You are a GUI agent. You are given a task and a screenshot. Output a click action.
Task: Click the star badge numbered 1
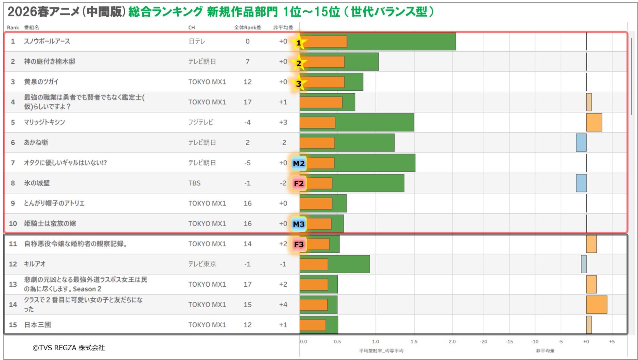click(298, 43)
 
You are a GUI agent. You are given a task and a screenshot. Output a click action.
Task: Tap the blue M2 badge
click(299, 163)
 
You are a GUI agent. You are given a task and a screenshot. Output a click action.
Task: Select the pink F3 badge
click(299, 244)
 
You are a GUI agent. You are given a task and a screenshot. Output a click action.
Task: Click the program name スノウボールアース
click(47, 41)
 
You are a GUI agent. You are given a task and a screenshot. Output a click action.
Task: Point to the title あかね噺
click(36, 142)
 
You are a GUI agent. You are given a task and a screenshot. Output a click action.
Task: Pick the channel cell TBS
click(194, 183)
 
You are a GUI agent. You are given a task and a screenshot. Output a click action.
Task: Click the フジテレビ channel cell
click(201, 122)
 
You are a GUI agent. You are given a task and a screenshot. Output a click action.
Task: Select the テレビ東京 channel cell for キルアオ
click(202, 264)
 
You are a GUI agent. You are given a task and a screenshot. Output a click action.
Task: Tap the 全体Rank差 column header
click(247, 27)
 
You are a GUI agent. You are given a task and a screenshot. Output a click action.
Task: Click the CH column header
click(191, 27)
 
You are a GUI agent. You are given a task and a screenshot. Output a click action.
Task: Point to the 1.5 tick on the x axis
click(414, 341)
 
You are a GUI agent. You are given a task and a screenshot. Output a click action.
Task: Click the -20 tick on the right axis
click(484, 341)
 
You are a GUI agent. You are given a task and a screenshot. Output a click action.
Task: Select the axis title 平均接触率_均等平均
click(381, 351)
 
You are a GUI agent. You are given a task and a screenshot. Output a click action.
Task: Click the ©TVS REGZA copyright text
click(69, 348)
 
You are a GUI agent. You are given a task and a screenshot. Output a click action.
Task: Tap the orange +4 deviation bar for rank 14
click(596, 305)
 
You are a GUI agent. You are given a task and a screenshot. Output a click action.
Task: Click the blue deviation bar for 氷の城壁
click(581, 183)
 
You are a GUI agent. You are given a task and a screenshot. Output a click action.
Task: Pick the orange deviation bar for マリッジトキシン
click(594, 122)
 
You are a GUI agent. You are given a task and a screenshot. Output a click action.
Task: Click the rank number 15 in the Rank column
click(13, 325)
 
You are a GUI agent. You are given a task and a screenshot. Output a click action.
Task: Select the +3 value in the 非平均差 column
click(283, 122)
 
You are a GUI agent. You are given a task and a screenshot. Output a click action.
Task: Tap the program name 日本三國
click(37, 325)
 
